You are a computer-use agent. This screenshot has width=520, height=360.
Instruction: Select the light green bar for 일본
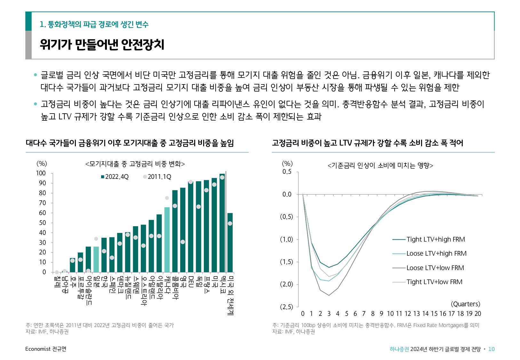(96, 259)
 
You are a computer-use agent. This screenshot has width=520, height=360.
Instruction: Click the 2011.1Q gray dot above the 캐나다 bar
(167, 198)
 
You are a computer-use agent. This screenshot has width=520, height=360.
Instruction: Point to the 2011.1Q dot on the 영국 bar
(183, 242)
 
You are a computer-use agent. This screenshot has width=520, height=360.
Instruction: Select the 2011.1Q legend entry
(157, 177)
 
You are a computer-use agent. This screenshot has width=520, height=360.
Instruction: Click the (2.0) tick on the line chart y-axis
(286, 284)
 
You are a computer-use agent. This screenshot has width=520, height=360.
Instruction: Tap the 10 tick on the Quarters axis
(390, 314)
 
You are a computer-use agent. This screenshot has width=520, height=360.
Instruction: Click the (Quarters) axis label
(465, 304)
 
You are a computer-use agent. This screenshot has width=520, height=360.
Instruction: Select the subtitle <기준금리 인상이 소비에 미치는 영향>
(380, 165)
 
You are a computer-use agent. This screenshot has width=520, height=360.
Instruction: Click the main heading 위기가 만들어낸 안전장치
(102, 44)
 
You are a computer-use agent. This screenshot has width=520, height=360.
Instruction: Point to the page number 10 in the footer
(491, 349)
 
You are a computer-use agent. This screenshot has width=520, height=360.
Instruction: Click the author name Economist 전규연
(46, 349)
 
